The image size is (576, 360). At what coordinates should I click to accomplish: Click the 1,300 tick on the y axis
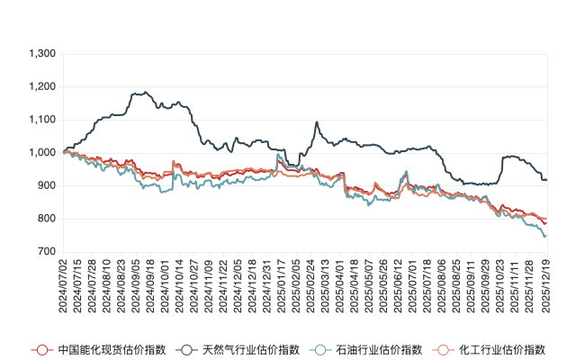41,54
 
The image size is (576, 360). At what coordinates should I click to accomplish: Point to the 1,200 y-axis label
41,87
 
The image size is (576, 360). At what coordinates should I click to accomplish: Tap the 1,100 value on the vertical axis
41,120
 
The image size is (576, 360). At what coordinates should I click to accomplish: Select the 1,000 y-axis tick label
41,153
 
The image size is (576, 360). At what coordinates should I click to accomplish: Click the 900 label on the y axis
46,185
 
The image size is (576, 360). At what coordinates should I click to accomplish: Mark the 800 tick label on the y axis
46,219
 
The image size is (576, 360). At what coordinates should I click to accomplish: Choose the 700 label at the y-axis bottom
46,252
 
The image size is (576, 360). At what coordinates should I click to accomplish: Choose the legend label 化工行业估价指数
502,349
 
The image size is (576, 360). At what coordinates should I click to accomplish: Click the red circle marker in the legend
40,349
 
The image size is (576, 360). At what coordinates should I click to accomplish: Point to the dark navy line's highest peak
138,92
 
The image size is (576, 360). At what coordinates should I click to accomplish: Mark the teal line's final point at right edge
546,236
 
